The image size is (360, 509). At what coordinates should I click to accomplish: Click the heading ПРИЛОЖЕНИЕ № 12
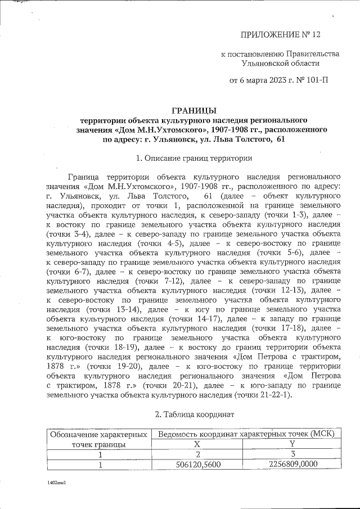[x=280, y=35]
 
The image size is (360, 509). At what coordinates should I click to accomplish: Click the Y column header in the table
[x=291, y=444]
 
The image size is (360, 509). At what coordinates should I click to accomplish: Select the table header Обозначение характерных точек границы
[x=99, y=439]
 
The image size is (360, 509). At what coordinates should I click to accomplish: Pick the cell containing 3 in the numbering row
[x=291, y=455]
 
